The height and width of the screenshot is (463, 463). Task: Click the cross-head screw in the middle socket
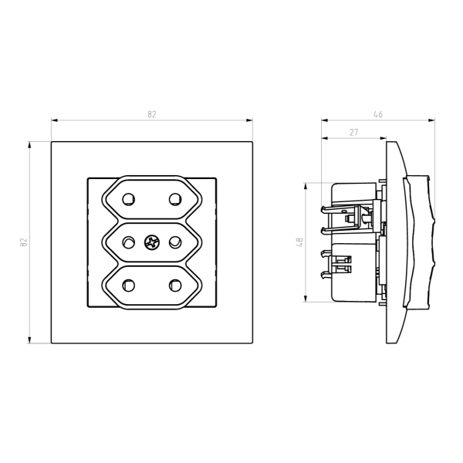[152, 243]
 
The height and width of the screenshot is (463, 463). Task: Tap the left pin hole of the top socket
[128, 199]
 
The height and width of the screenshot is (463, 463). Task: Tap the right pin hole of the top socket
[175, 199]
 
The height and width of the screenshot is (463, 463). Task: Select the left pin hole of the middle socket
[128, 242]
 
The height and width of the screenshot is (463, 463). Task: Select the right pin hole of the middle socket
[175, 242]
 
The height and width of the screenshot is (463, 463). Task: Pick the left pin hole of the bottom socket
[128, 286]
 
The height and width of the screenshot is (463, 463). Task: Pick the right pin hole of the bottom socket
[175, 286]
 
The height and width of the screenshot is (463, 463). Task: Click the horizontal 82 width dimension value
[152, 114]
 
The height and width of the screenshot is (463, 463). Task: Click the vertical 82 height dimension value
[23, 242]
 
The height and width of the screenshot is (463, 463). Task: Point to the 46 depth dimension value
[378, 114]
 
